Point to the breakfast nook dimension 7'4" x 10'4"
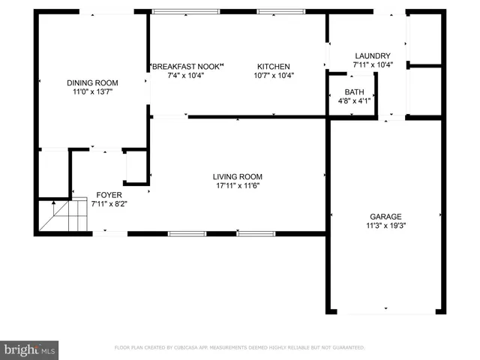[186, 75]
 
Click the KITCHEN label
[274, 67]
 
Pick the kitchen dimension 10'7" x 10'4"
[274, 75]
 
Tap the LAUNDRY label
[373, 56]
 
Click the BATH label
[355, 91]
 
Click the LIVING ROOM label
[238, 177]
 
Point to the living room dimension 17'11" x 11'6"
[238, 186]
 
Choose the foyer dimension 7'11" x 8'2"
[108, 203]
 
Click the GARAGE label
[385, 216]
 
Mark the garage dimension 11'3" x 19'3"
[385, 225]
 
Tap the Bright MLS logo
[30, 349]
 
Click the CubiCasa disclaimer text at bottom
[239, 348]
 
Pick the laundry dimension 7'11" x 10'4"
[373, 65]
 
